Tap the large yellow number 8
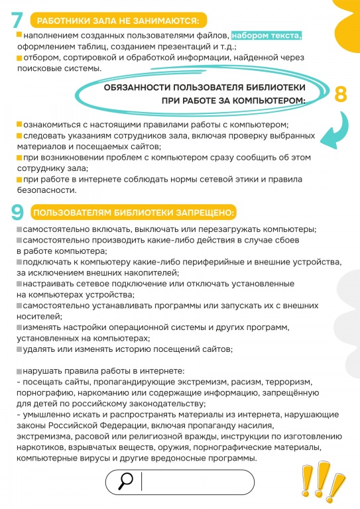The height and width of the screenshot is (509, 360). pos(341,93)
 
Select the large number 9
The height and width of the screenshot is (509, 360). pos(18,213)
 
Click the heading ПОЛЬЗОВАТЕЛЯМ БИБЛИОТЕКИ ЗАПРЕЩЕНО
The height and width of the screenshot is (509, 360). pos(133,213)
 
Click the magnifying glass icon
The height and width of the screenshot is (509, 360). pos(125,482)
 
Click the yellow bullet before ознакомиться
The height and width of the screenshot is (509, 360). pos(19,124)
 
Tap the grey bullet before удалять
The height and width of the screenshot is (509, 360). pos(19,348)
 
